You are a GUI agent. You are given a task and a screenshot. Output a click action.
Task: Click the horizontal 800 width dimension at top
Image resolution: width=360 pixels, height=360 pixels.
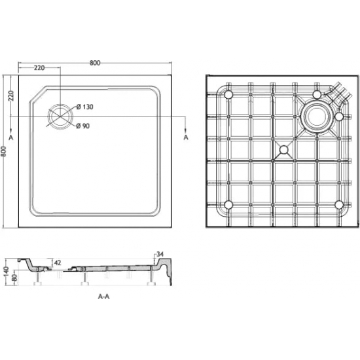point(95,63)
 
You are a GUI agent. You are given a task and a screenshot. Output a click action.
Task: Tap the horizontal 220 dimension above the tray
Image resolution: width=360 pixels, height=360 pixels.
point(39,68)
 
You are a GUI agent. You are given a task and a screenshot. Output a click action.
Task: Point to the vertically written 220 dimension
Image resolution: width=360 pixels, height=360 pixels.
point(11,96)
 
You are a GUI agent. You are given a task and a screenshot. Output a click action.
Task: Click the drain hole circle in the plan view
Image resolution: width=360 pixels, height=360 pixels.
point(60,116)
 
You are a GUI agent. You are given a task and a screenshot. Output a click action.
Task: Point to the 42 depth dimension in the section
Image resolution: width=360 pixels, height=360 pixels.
point(57,262)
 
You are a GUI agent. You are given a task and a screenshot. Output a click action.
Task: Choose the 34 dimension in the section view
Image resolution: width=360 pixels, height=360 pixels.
point(159,255)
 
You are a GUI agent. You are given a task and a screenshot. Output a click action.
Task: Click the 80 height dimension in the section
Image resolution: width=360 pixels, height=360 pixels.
point(14,277)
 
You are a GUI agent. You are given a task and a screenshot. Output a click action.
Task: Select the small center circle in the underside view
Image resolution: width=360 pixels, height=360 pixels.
point(283,150)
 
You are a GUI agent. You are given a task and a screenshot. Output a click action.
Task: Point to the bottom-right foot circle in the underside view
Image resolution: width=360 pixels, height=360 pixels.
point(338,204)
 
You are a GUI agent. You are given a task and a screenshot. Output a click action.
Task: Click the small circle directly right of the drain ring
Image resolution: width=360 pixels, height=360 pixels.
point(339,117)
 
